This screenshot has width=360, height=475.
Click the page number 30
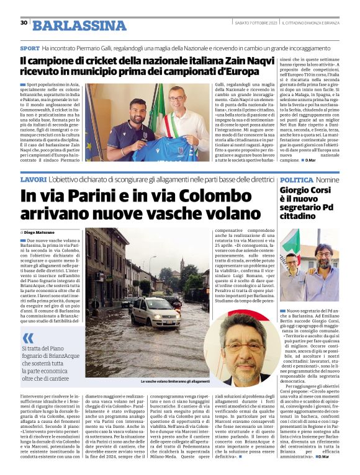(24, 23)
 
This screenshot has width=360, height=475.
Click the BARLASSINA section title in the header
(79, 25)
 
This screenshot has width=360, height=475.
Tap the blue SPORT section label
(29, 48)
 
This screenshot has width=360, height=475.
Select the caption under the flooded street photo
(176, 381)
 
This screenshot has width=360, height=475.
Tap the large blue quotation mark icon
(28, 337)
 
